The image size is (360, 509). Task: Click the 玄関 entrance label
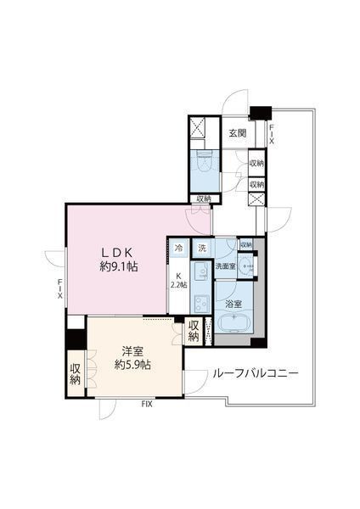[x=237, y=133]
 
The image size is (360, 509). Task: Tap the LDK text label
[x=118, y=252]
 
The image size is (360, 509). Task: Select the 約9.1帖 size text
[x=118, y=266]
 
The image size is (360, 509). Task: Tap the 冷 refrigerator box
[x=178, y=249]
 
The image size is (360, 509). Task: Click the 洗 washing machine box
[x=201, y=249]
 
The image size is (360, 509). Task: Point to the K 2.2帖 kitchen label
[x=178, y=280]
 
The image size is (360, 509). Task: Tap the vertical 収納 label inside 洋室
[x=75, y=374]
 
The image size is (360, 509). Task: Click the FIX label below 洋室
[x=147, y=405]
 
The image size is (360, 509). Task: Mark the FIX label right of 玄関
[x=271, y=133]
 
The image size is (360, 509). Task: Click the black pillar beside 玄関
[x=259, y=111]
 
